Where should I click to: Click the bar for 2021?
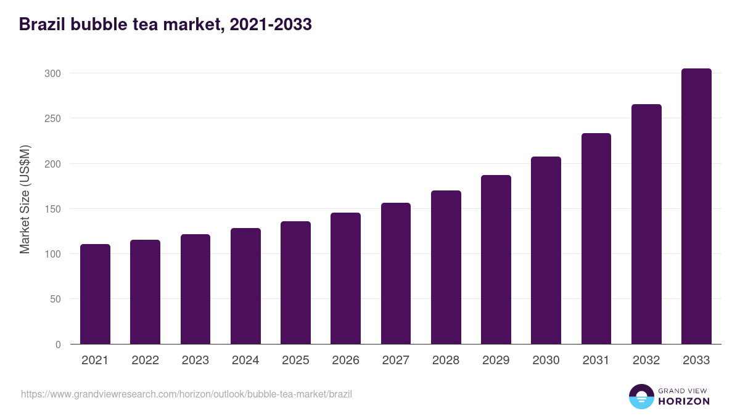click(x=95, y=294)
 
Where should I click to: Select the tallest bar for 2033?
click(x=696, y=206)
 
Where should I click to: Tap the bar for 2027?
click(x=396, y=274)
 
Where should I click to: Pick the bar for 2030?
click(x=546, y=250)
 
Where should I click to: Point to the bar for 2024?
click(x=245, y=286)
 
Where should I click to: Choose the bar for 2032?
click(x=646, y=224)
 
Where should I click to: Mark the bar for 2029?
click(x=496, y=259)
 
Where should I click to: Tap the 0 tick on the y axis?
click(x=58, y=345)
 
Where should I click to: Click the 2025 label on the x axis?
click(x=295, y=361)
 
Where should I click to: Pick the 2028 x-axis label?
click(x=446, y=361)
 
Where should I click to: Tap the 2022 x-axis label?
click(x=145, y=361)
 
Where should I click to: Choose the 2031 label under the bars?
click(x=596, y=361)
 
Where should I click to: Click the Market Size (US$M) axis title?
click(x=25, y=198)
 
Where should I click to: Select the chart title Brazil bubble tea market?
click(x=165, y=25)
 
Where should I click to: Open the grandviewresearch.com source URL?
click(x=186, y=394)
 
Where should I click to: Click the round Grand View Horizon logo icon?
click(x=641, y=396)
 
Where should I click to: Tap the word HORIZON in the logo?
click(x=684, y=401)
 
